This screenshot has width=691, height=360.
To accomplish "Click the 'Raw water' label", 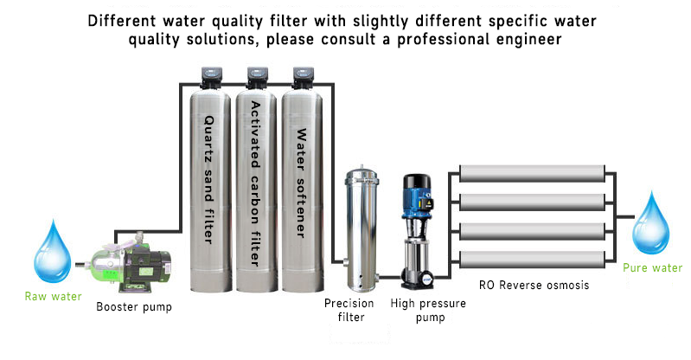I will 54,297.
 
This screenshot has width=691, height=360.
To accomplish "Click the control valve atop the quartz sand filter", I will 211,77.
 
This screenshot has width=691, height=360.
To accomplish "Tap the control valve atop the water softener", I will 303,77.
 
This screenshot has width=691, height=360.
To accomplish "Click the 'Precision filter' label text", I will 349,310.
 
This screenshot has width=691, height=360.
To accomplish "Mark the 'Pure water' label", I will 653,268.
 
